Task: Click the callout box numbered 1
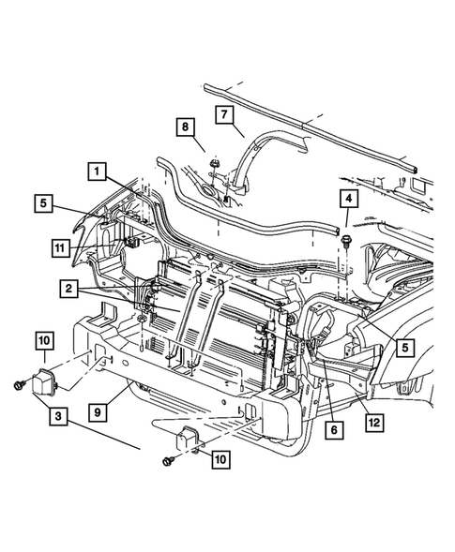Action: [x=97, y=172]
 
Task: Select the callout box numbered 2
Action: [x=68, y=289]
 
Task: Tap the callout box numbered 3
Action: [x=58, y=416]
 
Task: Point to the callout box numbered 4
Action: [x=349, y=198]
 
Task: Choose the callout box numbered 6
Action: [x=334, y=429]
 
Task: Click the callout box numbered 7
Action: [x=224, y=114]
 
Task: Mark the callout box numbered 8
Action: [x=186, y=127]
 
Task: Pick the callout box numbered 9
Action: [x=98, y=411]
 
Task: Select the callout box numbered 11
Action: [x=60, y=247]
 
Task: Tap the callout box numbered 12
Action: [x=374, y=423]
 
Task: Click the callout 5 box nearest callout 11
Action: [x=43, y=203]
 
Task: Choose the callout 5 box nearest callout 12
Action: [x=405, y=348]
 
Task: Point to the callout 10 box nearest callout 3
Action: [x=45, y=340]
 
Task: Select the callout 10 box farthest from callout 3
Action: [x=220, y=459]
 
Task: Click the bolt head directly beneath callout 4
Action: [x=345, y=241]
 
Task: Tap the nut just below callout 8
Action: [x=214, y=164]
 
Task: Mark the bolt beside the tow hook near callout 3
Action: [x=18, y=385]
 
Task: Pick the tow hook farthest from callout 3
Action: [x=186, y=438]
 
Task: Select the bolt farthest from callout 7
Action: [x=168, y=461]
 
